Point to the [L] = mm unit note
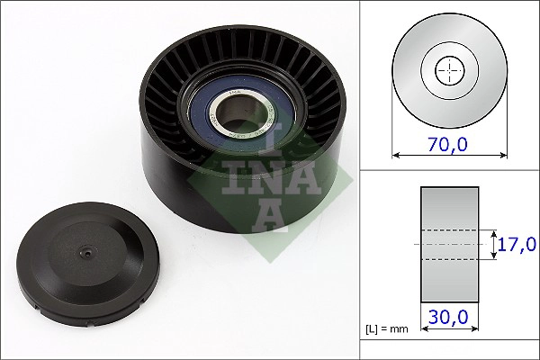click(388, 328)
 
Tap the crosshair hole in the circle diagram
click(448, 70)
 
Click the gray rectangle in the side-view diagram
click(449, 207)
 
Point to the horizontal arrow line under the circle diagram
click(448, 155)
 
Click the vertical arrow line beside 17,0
click(495, 244)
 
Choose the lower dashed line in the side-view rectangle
click(449, 260)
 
